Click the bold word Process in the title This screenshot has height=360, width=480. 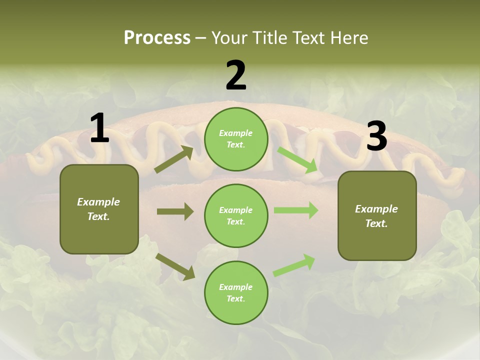point(157,38)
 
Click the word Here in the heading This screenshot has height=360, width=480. point(348,38)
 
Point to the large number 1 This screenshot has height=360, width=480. point(99,128)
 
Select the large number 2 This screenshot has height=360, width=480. point(236,75)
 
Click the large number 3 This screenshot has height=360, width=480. point(376,136)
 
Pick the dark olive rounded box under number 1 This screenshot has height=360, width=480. point(99,209)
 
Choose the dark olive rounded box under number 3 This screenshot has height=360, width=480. point(377,216)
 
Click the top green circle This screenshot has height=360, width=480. point(236,139)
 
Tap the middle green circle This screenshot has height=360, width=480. point(236,216)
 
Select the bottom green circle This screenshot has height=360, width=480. point(236,293)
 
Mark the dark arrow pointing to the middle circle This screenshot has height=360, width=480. point(175,211)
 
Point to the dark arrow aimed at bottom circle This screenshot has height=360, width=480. point(175,266)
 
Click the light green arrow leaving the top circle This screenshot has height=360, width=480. point(297,159)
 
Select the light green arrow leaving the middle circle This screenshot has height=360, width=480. point(296,210)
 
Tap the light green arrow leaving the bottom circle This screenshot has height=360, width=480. point(294,265)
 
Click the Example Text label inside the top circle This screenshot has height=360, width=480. point(236,139)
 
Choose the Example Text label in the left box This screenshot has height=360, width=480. point(99,209)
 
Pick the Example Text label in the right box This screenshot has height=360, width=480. point(377,216)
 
